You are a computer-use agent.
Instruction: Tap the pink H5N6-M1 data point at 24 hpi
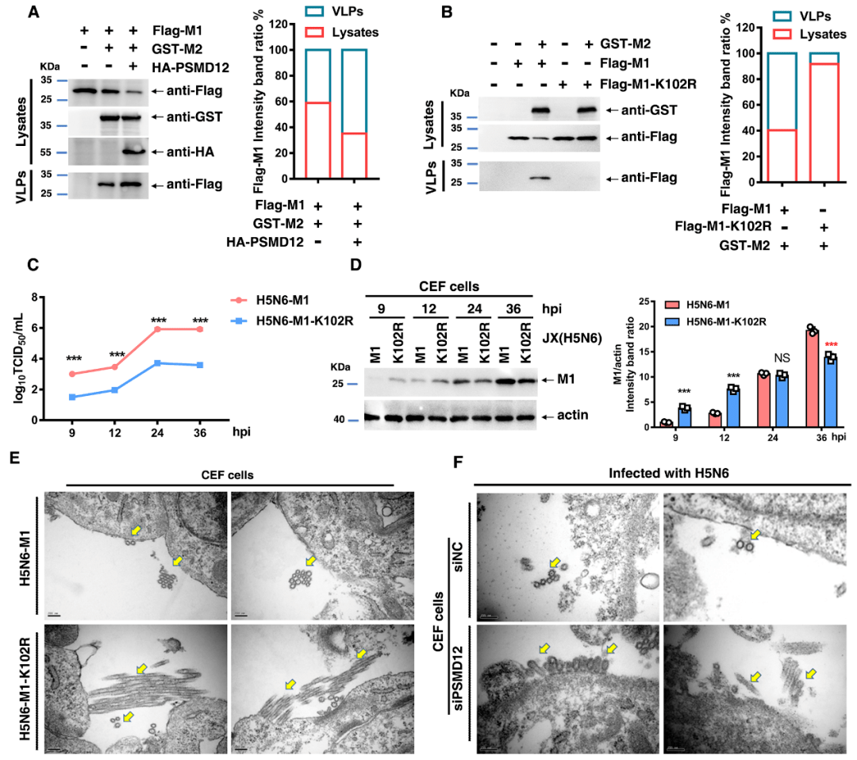pyautogui.click(x=157, y=328)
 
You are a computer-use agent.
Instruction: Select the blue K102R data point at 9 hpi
pyautogui.click(x=73, y=397)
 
